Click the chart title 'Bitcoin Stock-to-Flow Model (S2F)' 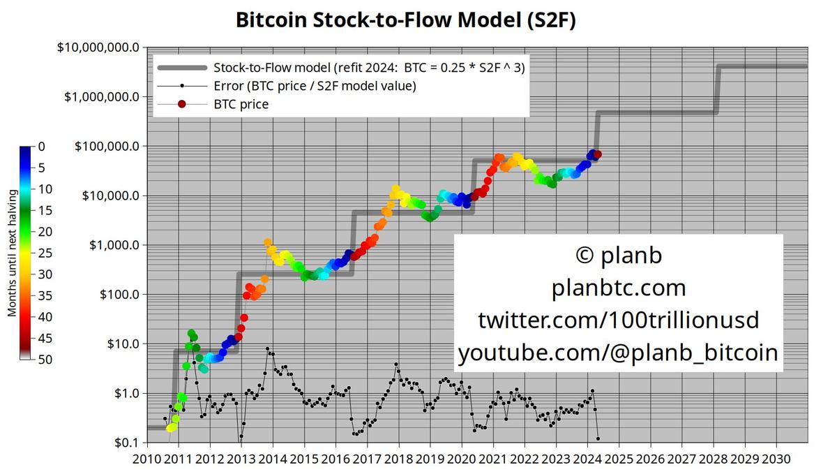(x=406, y=20)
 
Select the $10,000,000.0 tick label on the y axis (x=98, y=47)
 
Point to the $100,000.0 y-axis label (x=107, y=146)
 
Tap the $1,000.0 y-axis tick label (x=114, y=245)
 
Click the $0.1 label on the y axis (x=127, y=443)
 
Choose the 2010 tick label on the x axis (x=147, y=459)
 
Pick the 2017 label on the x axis (x=367, y=459)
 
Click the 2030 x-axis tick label (x=776, y=459)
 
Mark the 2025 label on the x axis (x=619, y=459)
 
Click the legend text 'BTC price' (x=241, y=104)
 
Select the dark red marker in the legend (x=182, y=104)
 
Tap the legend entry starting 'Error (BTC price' (x=315, y=86)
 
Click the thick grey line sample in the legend (x=182, y=68)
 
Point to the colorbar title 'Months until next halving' (x=12, y=253)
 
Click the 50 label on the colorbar (x=45, y=360)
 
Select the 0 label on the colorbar (x=41, y=146)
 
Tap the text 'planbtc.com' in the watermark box (x=619, y=288)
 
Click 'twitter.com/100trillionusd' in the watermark (x=619, y=320)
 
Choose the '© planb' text (x=619, y=255)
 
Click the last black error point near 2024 (x=598, y=438)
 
